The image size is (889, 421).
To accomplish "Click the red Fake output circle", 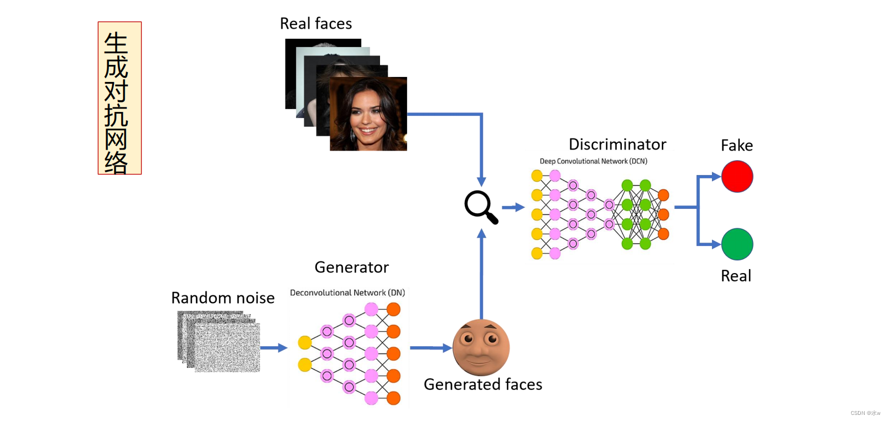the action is pyautogui.click(x=737, y=177).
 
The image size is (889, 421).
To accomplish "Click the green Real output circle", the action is pyautogui.click(x=737, y=244).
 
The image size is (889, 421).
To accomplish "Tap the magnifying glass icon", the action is pyautogui.click(x=481, y=207).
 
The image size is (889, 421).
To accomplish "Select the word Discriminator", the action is pyautogui.click(x=617, y=145).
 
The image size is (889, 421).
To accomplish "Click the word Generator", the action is pyautogui.click(x=352, y=267).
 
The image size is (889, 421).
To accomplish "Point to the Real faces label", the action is pyautogui.click(x=316, y=23).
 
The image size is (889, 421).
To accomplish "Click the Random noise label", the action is pyautogui.click(x=222, y=298).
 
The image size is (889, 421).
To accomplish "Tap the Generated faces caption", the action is pyautogui.click(x=483, y=384).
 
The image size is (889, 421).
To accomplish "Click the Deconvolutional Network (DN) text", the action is pyautogui.click(x=347, y=293).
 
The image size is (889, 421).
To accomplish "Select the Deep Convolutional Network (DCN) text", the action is pyautogui.click(x=594, y=161).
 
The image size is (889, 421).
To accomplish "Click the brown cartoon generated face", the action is pyautogui.click(x=481, y=347).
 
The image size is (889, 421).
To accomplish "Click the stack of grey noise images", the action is pyautogui.click(x=219, y=341).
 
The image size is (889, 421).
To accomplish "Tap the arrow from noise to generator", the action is pyautogui.click(x=274, y=348).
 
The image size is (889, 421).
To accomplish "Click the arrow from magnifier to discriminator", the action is pyautogui.click(x=513, y=207).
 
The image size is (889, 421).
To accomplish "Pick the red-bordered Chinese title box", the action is pyautogui.click(x=120, y=98).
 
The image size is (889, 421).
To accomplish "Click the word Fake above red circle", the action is pyautogui.click(x=737, y=146).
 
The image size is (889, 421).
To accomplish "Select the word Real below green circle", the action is pyautogui.click(x=736, y=276).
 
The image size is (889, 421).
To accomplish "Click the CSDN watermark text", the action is pyautogui.click(x=865, y=413).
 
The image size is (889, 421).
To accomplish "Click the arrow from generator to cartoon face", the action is pyautogui.click(x=431, y=348).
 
